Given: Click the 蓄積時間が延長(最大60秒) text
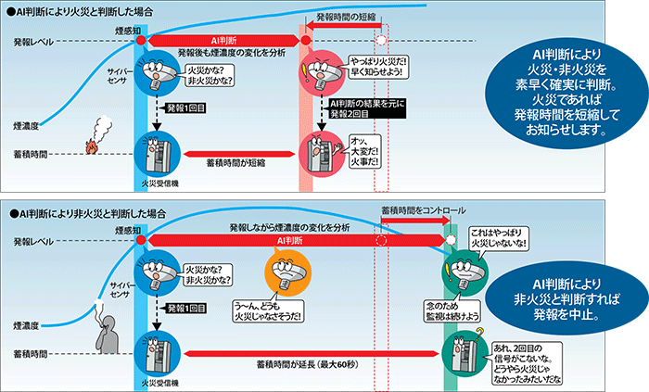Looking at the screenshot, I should click(297, 365).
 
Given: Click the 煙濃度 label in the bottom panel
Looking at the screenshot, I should click(25, 326).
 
